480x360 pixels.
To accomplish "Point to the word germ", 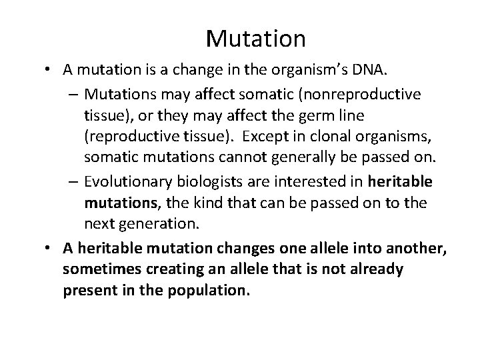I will click(x=316, y=115).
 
